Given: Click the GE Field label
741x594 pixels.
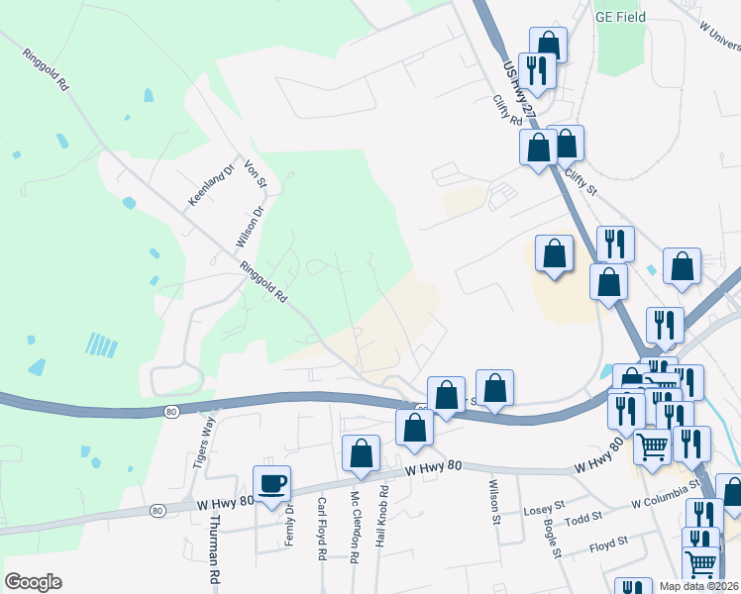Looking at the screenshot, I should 619,17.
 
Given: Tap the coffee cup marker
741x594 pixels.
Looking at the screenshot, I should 271,484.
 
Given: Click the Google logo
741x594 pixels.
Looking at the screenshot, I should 33,582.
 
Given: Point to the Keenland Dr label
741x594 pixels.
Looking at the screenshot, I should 209,185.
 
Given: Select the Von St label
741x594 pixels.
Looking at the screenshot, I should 256,173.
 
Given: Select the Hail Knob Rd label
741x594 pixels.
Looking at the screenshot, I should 382,518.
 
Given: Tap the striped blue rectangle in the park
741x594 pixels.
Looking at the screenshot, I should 101,345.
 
